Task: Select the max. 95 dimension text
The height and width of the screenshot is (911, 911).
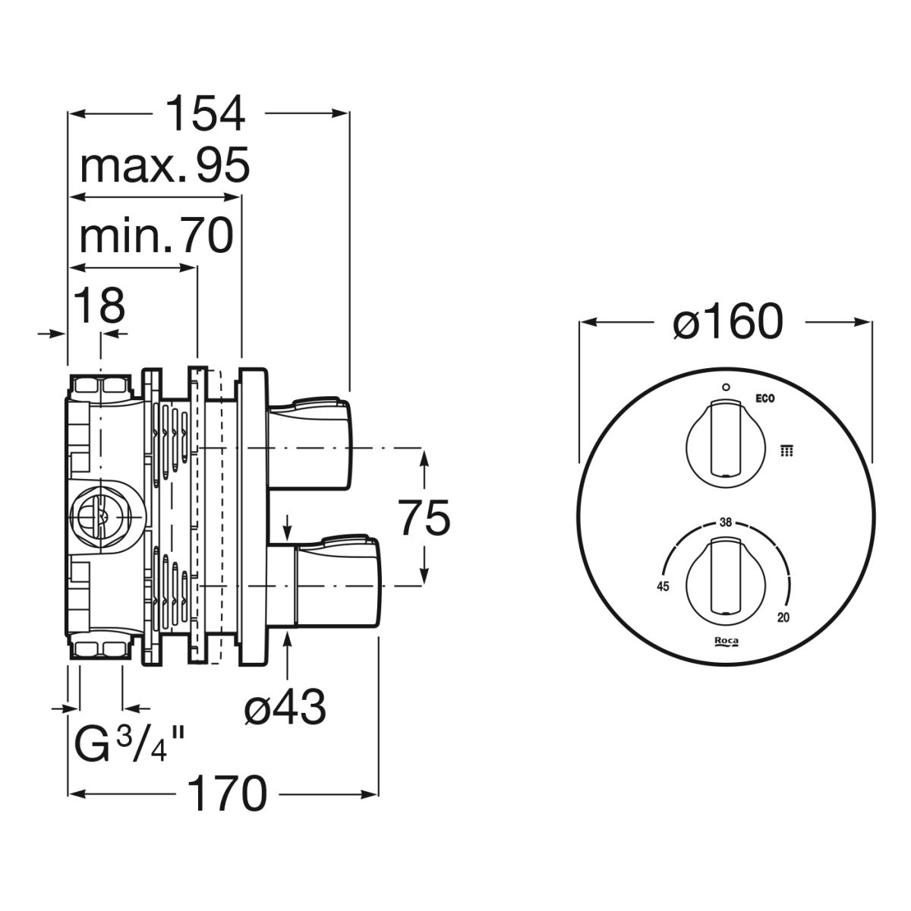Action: [x=165, y=166]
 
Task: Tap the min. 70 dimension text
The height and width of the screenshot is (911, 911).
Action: [x=156, y=237]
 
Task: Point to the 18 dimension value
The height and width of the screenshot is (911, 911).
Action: [x=99, y=307]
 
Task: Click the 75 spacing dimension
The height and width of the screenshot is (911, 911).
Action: [x=424, y=519]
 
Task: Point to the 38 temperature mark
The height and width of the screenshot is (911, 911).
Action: [x=725, y=522]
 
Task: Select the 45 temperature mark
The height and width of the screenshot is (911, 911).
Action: [x=662, y=586]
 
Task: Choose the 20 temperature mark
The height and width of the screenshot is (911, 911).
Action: [x=783, y=617]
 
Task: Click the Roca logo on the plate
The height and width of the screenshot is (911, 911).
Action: [x=726, y=642]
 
